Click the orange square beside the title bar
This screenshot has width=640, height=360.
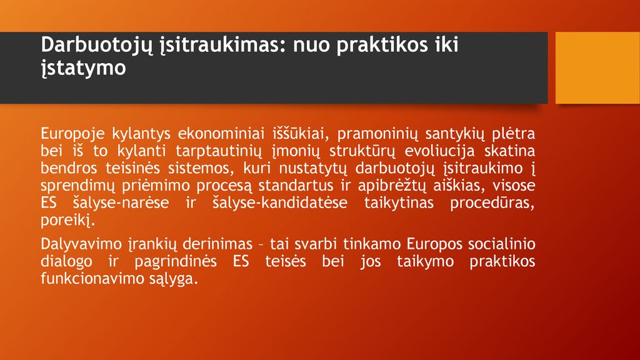(x=597, y=67)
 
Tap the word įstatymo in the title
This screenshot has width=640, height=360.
(x=83, y=68)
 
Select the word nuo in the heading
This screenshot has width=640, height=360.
(x=311, y=45)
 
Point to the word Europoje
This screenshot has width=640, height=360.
(x=72, y=134)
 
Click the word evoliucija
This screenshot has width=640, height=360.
(x=439, y=151)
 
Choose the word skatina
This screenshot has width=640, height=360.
(x=509, y=151)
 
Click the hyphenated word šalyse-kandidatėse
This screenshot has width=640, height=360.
(x=280, y=203)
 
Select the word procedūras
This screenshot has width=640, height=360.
(x=492, y=203)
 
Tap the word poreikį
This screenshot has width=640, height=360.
(x=67, y=221)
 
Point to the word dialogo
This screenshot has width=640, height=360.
(x=66, y=262)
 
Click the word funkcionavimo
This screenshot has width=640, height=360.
(x=88, y=278)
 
